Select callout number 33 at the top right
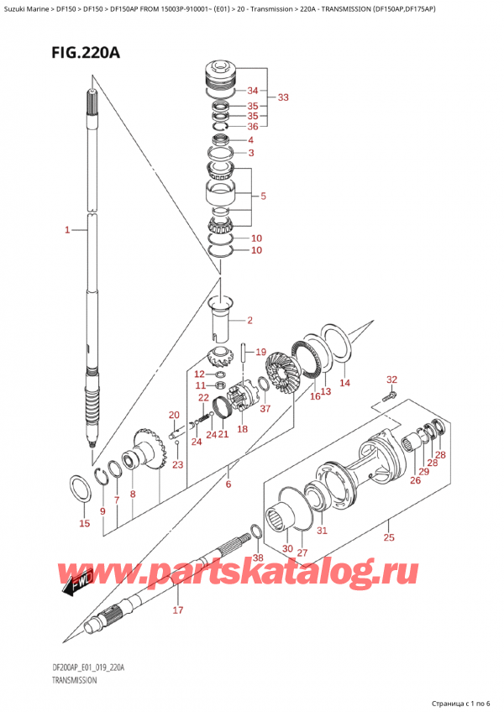[283, 98]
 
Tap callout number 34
[252, 91]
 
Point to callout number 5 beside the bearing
[263, 197]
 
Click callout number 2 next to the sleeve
[249, 321]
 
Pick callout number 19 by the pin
[260, 352]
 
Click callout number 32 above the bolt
[391, 380]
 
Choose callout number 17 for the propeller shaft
[177, 610]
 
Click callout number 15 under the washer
[83, 524]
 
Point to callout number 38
[258, 558]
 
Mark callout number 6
[228, 484]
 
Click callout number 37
[265, 409]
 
